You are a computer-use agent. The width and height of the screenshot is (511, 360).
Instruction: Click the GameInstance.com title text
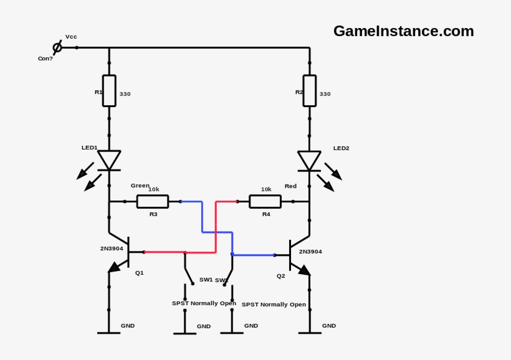click(403, 31)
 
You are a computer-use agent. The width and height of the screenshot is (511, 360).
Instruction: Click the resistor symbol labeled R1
click(109, 90)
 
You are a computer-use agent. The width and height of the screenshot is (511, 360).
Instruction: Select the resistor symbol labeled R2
click(310, 90)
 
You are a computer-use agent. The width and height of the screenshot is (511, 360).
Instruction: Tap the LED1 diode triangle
click(109, 159)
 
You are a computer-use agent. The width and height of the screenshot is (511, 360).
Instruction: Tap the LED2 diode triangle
click(310, 159)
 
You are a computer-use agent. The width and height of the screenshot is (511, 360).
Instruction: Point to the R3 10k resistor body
click(153, 201)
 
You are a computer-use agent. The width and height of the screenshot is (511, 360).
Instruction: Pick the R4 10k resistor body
click(265, 201)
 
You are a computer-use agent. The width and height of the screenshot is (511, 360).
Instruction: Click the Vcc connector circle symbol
click(57, 47)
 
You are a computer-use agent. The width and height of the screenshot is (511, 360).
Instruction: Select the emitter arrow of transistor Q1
click(113, 267)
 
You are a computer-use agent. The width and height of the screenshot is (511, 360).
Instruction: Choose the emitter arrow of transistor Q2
click(303, 269)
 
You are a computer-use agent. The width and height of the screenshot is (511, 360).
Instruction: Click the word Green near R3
click(140, 186)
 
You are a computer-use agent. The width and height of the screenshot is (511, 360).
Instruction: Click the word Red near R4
click(290, 186)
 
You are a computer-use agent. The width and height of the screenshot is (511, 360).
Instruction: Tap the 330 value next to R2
click(325, 94)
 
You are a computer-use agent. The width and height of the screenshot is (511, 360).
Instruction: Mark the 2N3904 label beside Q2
click(310, 252)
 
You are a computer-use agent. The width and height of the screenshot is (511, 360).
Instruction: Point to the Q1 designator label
click(140, 273)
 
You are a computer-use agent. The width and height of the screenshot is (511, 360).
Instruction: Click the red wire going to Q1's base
click(165, 252)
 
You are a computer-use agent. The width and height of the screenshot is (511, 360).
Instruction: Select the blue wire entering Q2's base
click(252, 255)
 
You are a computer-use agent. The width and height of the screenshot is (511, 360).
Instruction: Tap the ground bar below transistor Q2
click(310, 333)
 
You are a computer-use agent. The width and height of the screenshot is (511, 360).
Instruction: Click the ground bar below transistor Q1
click(109, 333)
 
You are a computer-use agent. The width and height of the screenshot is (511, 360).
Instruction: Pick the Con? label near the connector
click(45, 59)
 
